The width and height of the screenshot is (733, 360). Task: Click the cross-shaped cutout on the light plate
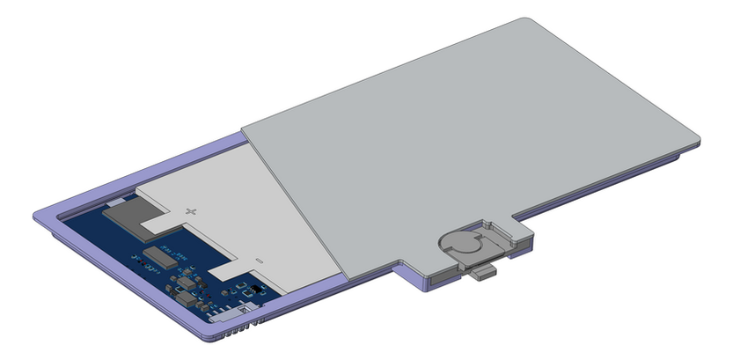[x=193, y=211]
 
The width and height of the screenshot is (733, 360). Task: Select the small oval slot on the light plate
[x=259, y=261]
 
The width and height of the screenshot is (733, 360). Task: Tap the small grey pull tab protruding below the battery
[x=484, y=274]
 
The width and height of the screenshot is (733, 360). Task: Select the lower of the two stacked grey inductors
[x=185, y=300]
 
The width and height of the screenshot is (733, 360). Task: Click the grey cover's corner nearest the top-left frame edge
[x=244, y=127]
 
